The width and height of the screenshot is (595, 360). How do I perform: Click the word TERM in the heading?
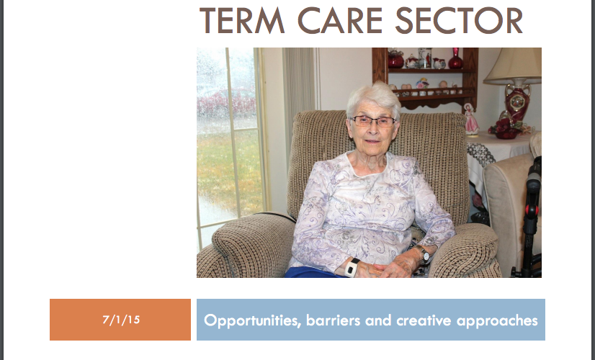tap(242, 20)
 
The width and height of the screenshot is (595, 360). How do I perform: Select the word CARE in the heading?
tap(341, 20)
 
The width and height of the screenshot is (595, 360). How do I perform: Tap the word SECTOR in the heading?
tap(459, 20)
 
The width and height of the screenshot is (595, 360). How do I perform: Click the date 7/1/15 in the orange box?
tap(121, 320)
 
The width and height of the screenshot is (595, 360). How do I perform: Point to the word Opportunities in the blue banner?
tap(252, 321)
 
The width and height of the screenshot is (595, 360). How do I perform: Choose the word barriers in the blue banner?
tap(334, 320)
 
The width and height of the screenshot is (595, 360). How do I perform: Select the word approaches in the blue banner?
tap(497, 321)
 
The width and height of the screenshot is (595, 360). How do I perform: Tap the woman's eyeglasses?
tap(372, 121)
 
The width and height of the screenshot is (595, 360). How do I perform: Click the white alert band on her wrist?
tap(352, 267)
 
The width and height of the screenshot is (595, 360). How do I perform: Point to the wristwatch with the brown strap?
tap(423, 254)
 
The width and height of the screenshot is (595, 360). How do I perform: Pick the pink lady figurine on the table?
tap(471, 119)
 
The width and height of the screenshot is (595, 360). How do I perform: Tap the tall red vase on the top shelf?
tap(455, 58)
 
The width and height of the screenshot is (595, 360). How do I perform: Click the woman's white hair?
tap(374, 97)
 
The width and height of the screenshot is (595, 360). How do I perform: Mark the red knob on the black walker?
tap(532, 210)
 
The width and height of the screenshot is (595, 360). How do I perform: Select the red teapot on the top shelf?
tap(395, 59)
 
